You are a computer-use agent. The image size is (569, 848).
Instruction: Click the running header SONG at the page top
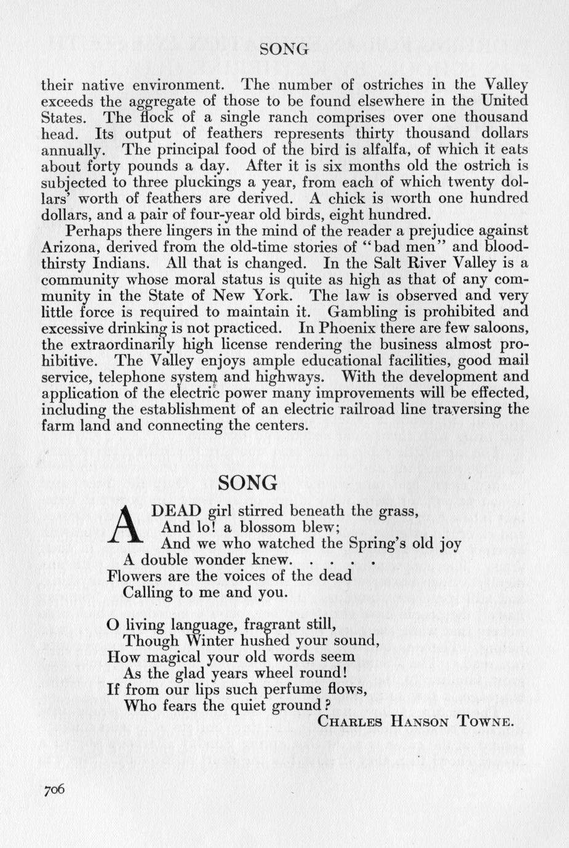pyautogui.click(x=284, y=50)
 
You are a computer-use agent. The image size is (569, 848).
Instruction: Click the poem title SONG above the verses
pyautogui.click(x=247, y=483)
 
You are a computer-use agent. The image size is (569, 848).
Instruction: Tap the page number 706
pyautogui.click(x=54, y=790)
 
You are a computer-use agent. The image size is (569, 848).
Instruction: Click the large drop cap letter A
pyautogui.click(x=125, y=525)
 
